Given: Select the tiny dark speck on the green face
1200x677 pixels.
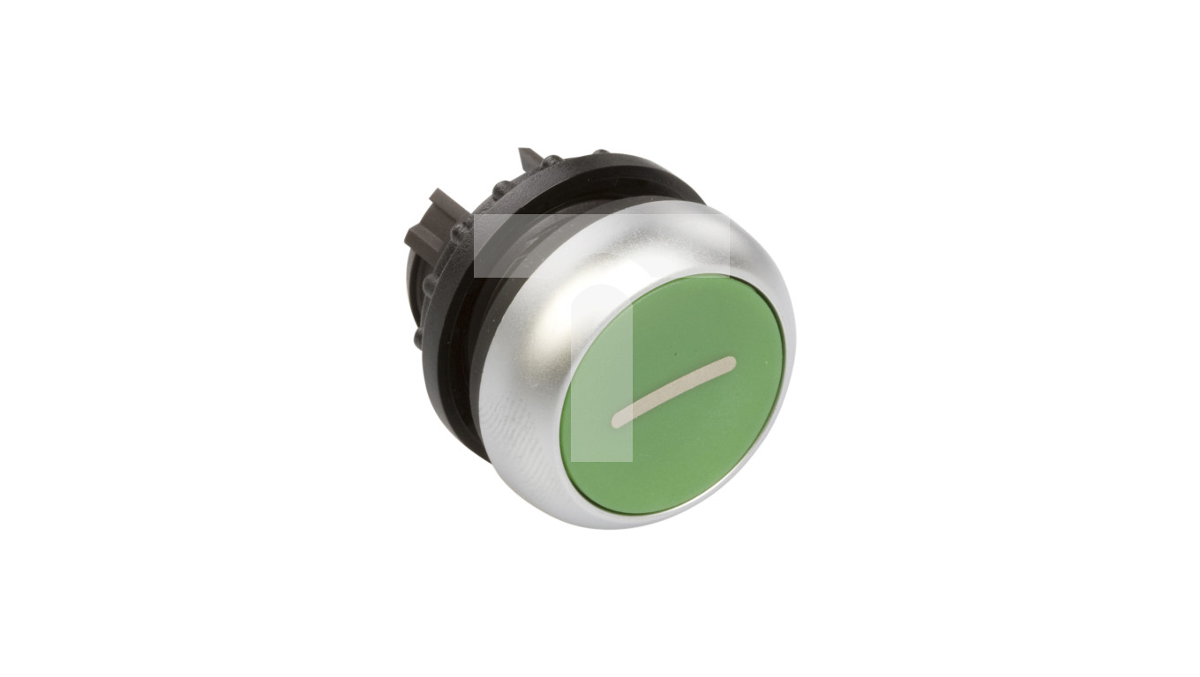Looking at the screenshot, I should (675, 357).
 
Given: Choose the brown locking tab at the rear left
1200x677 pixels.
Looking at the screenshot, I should (424, 220).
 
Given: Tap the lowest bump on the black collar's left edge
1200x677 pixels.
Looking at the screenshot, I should (420, 337).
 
